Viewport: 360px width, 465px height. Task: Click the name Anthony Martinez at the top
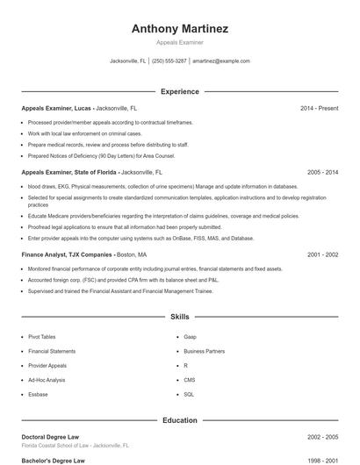point(179,29)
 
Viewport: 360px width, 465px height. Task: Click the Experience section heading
point(179,91)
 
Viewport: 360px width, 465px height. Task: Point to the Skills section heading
point(179,316)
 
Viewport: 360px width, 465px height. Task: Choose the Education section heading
point(179,420)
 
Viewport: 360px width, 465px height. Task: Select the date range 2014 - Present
point(319,108)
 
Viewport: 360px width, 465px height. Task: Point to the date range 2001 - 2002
point(322,254)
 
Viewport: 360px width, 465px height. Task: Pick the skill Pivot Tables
point(42,336)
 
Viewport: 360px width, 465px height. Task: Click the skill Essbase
point(39,395)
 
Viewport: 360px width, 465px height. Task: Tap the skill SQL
point(189,395)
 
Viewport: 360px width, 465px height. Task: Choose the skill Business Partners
point(204,351)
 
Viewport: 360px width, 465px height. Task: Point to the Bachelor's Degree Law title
point(54,460)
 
